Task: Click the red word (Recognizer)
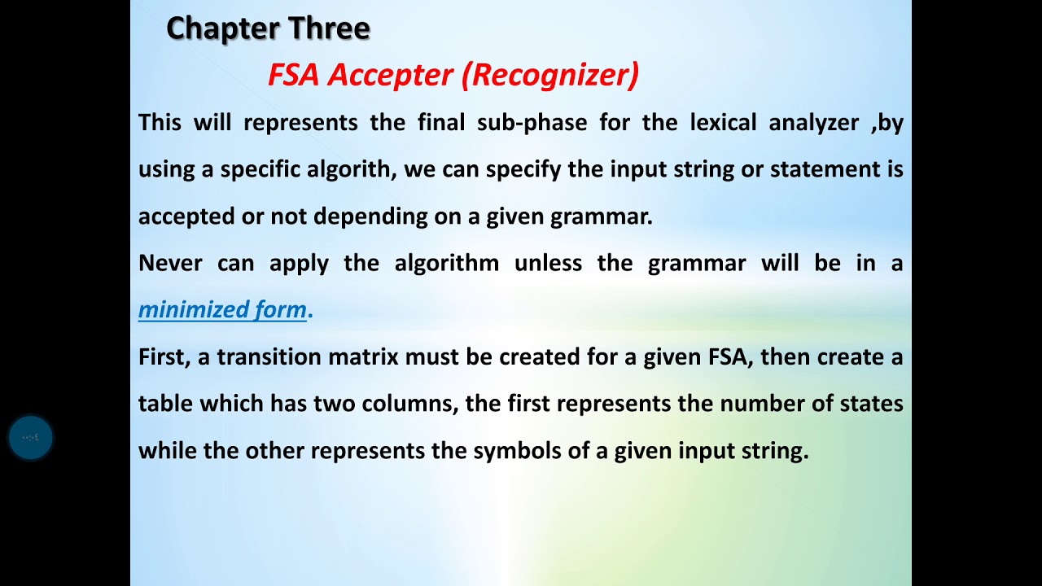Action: (550, 75)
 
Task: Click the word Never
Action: (170, 264)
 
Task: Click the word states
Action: (873, 404)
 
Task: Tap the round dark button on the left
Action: (31, 438)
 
